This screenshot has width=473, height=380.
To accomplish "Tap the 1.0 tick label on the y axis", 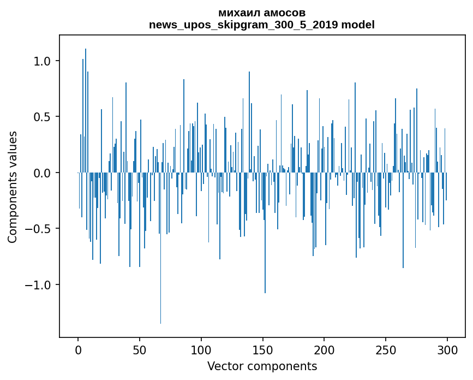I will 43,61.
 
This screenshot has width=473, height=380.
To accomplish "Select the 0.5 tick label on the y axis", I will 43,117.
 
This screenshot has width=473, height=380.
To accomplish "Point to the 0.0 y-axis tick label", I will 43,173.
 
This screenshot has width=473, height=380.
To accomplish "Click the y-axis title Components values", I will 13,187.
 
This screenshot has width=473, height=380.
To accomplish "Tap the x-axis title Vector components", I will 262,366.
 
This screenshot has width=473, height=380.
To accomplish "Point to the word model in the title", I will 358,25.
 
